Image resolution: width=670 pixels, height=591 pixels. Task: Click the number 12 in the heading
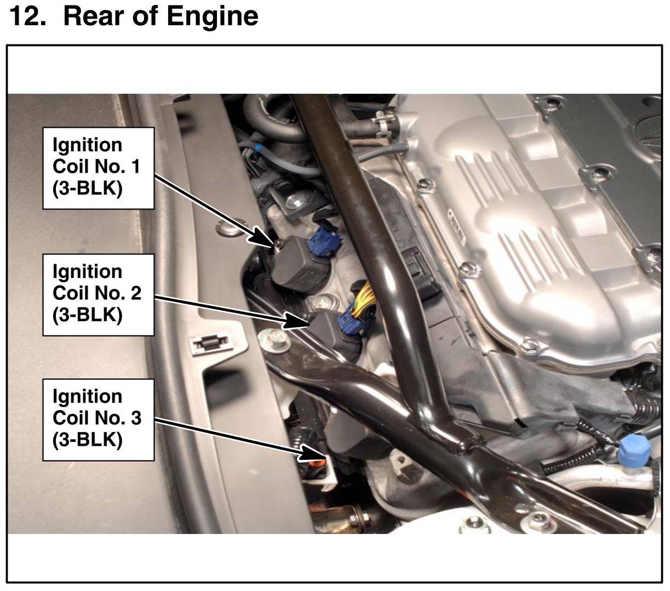[x=27, y=16]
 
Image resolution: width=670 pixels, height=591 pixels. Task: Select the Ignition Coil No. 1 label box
[x=99, y=168]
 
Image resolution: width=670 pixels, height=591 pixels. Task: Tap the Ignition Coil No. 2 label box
[x=99, y=294]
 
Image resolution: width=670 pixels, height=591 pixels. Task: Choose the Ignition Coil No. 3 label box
[x=99, y=419]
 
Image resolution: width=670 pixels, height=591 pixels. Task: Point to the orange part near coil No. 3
[x=317, y=466]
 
